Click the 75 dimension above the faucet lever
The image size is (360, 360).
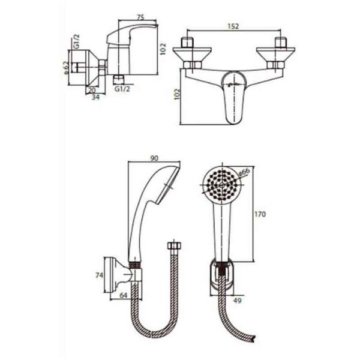click(140, 17)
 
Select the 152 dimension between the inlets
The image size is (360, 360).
click(233, 26)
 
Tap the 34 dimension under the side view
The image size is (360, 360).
click(96, 97)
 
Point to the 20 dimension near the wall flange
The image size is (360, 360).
click(92, 90)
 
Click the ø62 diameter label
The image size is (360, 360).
click(65, 68)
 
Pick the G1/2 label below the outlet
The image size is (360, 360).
click(122, 89)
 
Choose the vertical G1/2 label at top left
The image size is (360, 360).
click(76, 41)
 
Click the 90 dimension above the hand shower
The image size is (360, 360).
click(154, 158)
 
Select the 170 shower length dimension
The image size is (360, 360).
click(260, 214)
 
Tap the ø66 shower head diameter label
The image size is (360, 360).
click(244, 172)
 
